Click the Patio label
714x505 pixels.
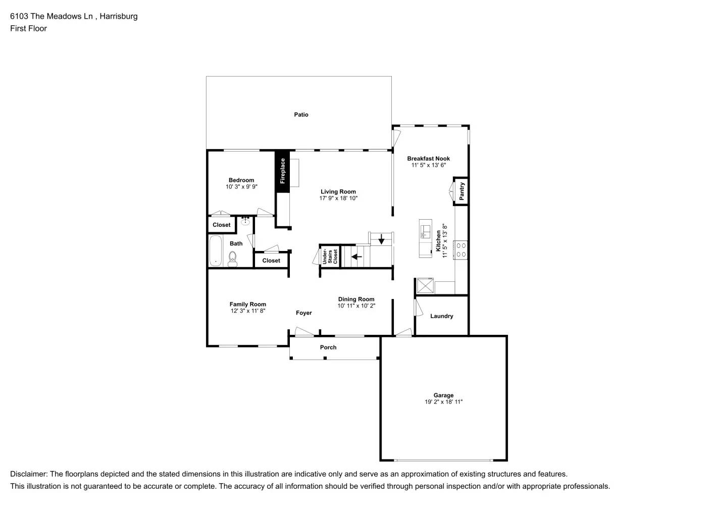click(301, 115)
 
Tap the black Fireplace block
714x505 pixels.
click(282, 171)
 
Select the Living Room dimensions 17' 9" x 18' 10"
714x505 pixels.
click(338, 198)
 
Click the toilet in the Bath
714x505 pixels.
click(233, 260)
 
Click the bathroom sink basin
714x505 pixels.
click(246, 221)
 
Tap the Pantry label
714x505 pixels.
click(462, 191)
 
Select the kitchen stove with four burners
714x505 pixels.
click(461, 250)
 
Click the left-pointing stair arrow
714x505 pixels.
click(356, 257)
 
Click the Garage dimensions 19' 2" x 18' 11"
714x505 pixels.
click(443, 402)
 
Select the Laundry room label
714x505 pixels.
click(441, 316)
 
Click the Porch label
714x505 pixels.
click(328, 347)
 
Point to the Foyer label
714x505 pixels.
click(303, 313)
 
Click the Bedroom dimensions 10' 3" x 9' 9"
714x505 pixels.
click(241, 187)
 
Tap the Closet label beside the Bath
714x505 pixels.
click(271, 261)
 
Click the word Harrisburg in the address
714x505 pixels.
click(119, 16)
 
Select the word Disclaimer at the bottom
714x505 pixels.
click(28, 474)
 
